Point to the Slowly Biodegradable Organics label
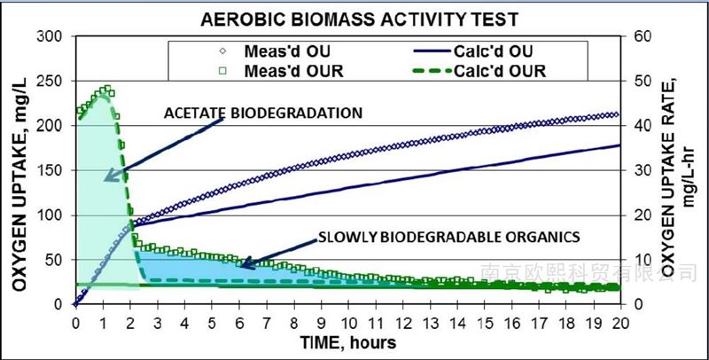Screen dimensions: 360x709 (x=448, y=238)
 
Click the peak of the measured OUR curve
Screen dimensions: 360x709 (x=107, y=89)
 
